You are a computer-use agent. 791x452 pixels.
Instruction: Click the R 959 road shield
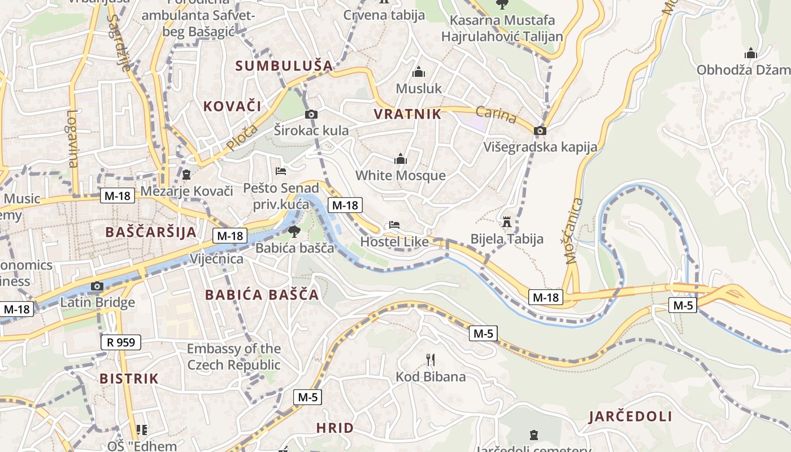(x=120, y=342)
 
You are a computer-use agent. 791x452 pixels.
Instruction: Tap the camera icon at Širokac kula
(x=311, y=115)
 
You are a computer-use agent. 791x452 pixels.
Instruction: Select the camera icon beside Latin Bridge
(x=97, y=286)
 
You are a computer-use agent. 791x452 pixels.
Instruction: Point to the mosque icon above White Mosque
(x=401, y=159)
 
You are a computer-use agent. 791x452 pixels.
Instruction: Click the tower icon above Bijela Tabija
(x=506, y=221)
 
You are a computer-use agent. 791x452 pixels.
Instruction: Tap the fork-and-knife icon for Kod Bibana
(x=431, y=359)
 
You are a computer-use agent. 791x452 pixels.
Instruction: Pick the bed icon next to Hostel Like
(x=394, y=225)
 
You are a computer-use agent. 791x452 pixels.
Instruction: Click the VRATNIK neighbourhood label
(x=407, y=114)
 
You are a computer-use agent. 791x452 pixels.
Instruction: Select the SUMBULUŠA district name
(x=284, y=66)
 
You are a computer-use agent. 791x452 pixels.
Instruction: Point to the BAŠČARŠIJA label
(x=151, y=232)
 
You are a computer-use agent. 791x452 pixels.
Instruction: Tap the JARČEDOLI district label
(x=631, y=417)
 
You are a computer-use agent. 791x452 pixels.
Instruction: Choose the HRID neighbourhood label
(x=335, y=428)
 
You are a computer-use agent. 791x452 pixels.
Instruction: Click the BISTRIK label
(x=129, y=379)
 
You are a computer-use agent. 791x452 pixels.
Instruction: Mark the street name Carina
(x=496, y=115)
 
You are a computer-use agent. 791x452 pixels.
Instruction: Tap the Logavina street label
(x=72, y=138)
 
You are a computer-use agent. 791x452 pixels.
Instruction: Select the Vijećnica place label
(x=217, y=259)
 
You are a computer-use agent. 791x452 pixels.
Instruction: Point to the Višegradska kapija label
(x=540, y=147)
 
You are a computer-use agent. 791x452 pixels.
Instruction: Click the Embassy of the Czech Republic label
(x=234, y=357)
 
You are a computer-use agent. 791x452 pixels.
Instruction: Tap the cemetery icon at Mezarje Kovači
(x=186, y=174)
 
